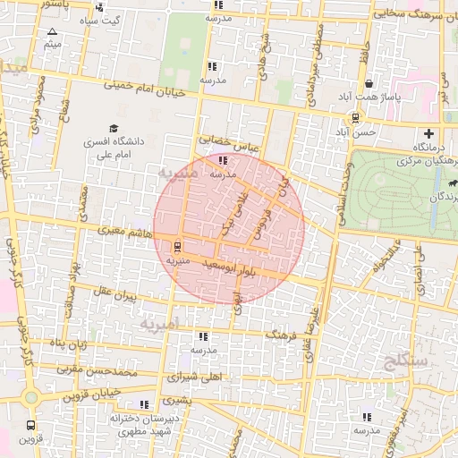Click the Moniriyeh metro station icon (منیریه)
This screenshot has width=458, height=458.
(176, 246)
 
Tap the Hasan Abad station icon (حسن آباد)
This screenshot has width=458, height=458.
(356, 117)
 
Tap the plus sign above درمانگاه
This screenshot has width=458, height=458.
(428, 134)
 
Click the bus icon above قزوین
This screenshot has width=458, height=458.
(31, 427)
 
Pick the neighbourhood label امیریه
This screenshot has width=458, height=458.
(160, 323)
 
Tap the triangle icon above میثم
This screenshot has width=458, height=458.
(51, 32)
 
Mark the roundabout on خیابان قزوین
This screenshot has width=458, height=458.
(31, 396)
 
